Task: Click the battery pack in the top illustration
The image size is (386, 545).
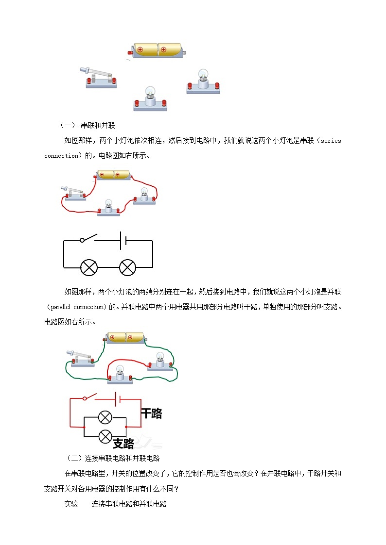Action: [x=157, y=50]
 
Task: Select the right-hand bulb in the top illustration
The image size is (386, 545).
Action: [x=202, y=82]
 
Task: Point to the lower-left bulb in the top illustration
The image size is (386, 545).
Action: [x=150, y=99]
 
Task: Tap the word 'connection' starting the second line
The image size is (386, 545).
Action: [x=62, y=156]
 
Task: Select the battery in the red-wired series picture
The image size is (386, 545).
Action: [x=113, y=175]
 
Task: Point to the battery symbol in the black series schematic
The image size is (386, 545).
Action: [x=123, y=240]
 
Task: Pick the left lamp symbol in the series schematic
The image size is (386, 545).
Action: [x=89, y=267]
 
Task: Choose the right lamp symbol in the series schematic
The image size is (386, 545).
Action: [x=128, y=267]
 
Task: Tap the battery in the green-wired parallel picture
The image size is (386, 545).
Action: [x=126, y=337]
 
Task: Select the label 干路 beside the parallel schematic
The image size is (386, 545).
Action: [x=151, y=413]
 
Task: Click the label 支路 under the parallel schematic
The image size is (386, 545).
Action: [x=123, y=443]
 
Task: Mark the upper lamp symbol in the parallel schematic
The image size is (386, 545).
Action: [x=105, y=417]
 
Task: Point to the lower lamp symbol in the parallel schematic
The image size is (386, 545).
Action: [x=105, y=436]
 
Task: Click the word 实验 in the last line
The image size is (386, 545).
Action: [x=71, y=504]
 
